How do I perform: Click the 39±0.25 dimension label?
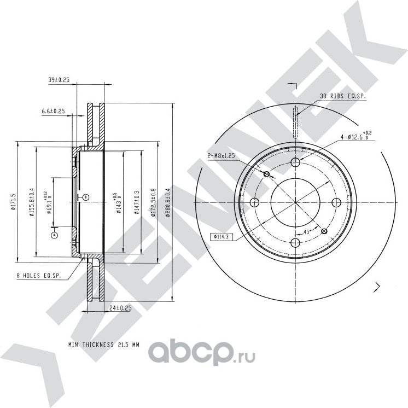point(59,80)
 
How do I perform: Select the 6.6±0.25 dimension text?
point(53,111)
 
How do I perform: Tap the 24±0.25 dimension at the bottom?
point(120,308)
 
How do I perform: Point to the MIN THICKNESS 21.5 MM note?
point(104,345)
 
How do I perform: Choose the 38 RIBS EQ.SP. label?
point(342,96)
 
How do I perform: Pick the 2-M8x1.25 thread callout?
point(222,155)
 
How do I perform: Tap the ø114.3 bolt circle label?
point(219,237)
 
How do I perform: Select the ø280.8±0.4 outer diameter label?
point(168,202)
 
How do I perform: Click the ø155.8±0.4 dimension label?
point(32,202)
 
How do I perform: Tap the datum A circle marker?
point(54,235)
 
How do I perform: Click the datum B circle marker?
point(85,197)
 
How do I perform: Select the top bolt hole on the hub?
point(296,162)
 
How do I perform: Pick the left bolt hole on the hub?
point(254,203)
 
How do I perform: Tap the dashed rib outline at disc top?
point(296,123)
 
